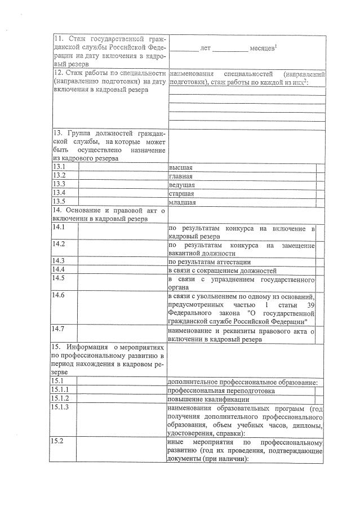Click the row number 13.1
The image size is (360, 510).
coord(59,167)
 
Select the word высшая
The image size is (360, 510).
coord(181,168)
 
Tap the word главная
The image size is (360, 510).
coord(181,176)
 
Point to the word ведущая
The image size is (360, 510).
coord(182,184)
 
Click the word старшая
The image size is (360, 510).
coord(181,193)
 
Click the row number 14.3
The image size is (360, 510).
coord(59,260)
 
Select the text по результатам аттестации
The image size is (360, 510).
coord(210,261)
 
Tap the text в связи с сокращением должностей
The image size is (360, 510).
coord(223,270)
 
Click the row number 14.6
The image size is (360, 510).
coord(59,295)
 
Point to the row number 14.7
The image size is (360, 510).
coord(59,328)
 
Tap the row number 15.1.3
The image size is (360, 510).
coord(61,407)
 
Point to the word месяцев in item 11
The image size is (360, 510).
coord(261,49)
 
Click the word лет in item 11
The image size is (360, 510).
coord(205,49)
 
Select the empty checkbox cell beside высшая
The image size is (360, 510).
coord(320,168)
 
